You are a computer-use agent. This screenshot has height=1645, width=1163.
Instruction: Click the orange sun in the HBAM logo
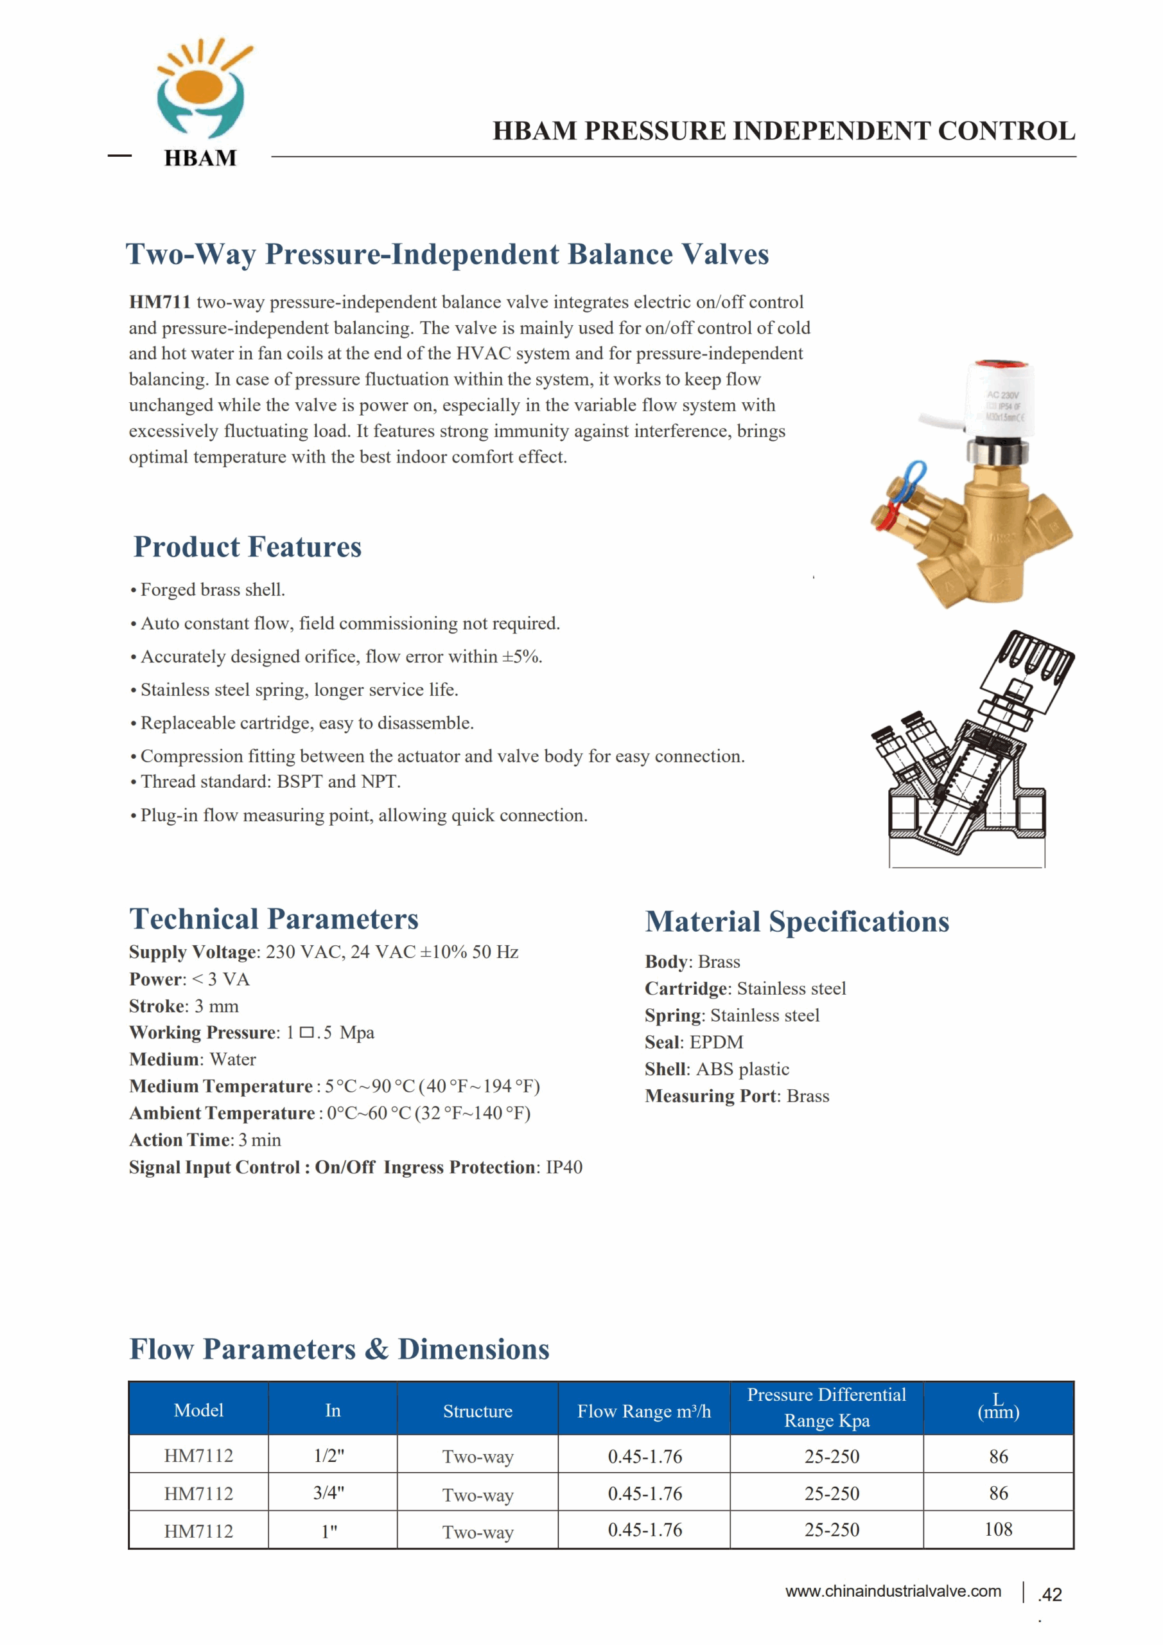point(200,86)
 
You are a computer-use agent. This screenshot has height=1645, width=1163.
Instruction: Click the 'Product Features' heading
point(247,547)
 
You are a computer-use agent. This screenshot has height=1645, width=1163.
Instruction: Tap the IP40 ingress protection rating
point(564,1167)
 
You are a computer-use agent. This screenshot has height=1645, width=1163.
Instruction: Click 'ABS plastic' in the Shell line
point(742,1069)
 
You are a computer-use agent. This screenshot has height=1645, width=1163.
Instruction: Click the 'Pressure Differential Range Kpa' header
point(826,1407)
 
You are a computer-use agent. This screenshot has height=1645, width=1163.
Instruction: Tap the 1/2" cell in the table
point(329,1455)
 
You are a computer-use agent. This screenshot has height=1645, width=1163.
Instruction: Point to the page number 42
point(1051,1594)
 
